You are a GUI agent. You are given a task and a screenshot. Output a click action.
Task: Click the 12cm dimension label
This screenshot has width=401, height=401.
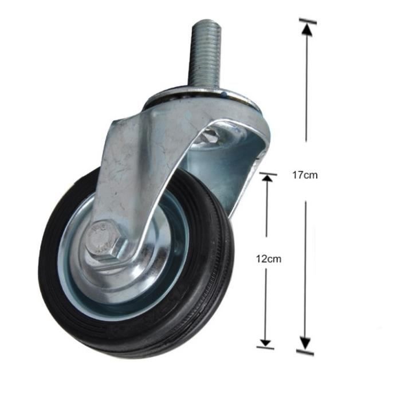pos(268,258)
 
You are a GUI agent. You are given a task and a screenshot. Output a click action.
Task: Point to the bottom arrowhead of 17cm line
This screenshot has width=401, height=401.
pos(305,343)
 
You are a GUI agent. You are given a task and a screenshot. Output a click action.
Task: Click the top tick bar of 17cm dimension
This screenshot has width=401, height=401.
pos(307,22)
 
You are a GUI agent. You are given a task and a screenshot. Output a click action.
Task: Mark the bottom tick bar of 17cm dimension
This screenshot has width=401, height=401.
pos(305,351)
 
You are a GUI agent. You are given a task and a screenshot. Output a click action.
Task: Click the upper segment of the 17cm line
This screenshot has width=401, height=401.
pos(307,86)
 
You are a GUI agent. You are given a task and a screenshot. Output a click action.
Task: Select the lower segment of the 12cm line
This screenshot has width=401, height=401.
pos(266,304)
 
